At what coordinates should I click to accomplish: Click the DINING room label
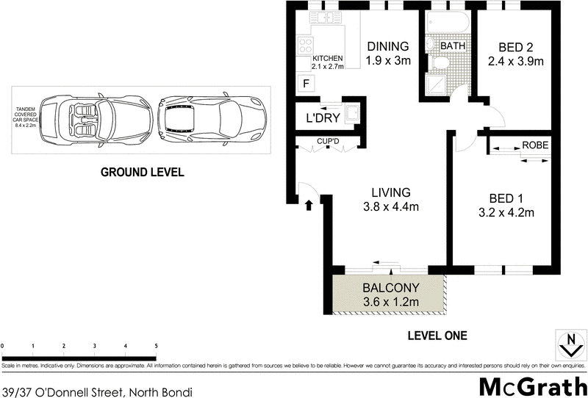388,46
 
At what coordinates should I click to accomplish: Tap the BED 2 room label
515,47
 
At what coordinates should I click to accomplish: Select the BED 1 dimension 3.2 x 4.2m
505,214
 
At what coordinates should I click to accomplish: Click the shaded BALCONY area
390,295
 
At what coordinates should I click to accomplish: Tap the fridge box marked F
305,84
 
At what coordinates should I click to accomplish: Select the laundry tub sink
354,113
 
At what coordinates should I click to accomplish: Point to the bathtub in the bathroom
445,21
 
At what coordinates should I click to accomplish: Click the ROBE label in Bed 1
534,145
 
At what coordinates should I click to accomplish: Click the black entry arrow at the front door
309,206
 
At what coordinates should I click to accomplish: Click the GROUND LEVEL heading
141,173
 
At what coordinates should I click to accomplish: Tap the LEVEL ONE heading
437,336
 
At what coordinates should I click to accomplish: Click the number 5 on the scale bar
155,345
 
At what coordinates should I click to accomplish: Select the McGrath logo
532,386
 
